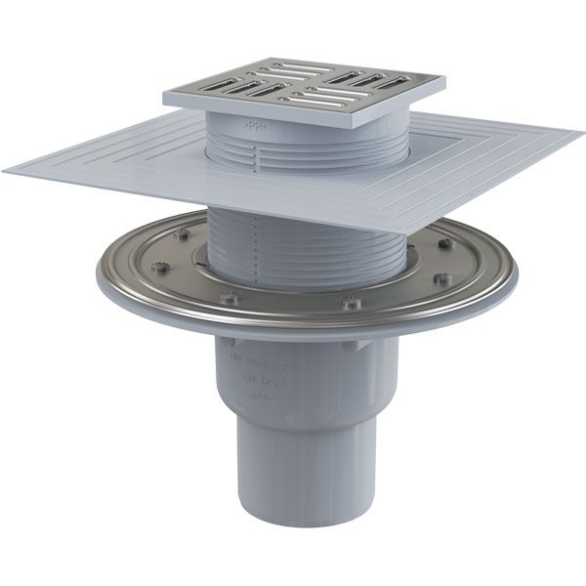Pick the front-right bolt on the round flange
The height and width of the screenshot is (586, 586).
350,303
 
